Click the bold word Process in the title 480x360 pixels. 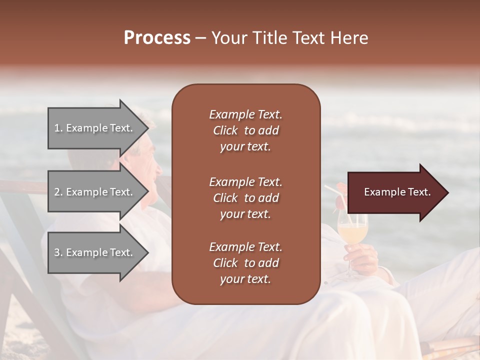pos(157,38)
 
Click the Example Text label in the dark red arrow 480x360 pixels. pos(397,192)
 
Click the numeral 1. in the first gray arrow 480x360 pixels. pos(58,128)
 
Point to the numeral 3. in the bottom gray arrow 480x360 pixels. pos(58,252)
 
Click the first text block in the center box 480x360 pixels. pos(245,130)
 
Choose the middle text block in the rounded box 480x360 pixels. pos(245,198)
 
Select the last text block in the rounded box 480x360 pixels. pos(245,263)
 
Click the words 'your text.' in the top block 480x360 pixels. pos(245,147)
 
